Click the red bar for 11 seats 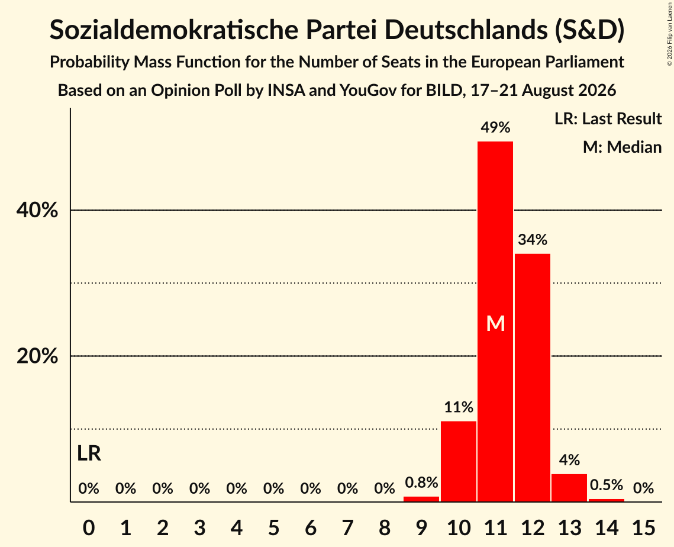point(495,321)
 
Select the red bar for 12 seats point(532,378)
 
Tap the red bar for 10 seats point(458,461)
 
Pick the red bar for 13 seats point(569,488)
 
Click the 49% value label point(496,127)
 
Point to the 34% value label point(533,240)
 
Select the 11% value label point(459,407)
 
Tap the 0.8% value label point(421,482)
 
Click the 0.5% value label point(607,485)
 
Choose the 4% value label point(569,460)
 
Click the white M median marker point(496,323)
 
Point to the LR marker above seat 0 point(89,453)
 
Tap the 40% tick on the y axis point(37,210)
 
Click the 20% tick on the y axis point(37,356)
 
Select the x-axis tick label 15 point(643,527)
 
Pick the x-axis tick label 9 point(421,527)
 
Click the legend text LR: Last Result point(608,118)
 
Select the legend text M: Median point(622,147)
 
